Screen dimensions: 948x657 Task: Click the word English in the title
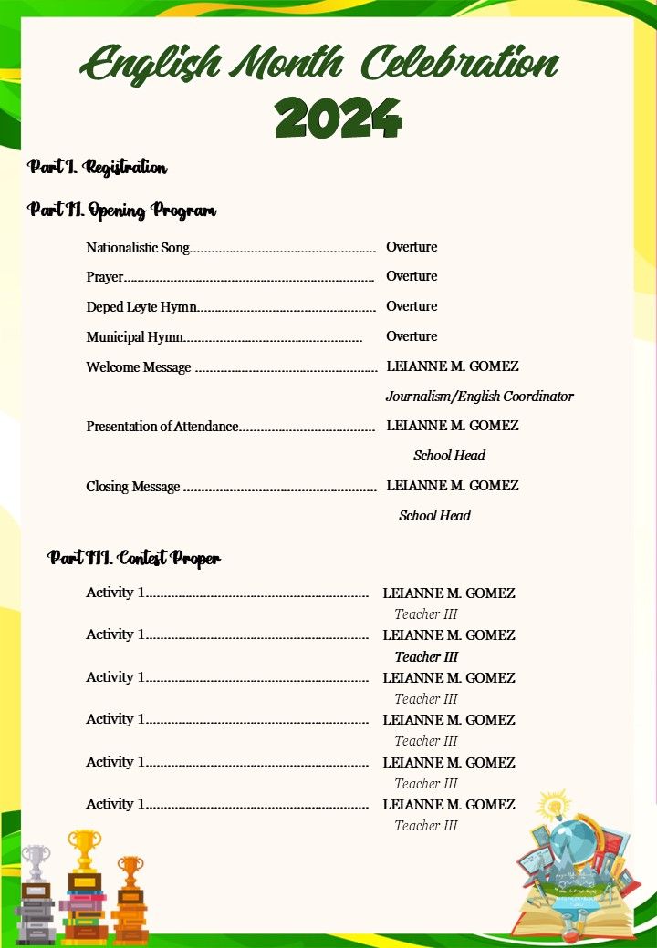(151, 66)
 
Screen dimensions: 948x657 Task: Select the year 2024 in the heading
(338, 118)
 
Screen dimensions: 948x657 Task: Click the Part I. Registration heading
(98, 168)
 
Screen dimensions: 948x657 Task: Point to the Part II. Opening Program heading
(122, 211)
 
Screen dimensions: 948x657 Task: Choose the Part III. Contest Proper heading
(134, 558)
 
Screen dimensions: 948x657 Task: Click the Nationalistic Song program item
(138, 248)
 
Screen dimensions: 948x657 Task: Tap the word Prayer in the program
(105, 277)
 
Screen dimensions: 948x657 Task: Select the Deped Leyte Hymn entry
(141, 307)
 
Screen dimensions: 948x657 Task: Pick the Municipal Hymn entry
(135, 337)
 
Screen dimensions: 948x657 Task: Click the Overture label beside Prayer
(412, 276)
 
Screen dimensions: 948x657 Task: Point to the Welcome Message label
(139, 367)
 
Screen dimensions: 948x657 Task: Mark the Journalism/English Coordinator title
(479, 397)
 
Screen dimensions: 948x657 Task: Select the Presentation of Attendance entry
(162, 427)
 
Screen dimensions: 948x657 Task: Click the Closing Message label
(133, 487)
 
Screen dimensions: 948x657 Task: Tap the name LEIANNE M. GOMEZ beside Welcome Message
(453, 366)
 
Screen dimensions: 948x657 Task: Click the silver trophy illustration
(35, 861)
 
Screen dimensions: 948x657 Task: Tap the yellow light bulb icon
(553, 806)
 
